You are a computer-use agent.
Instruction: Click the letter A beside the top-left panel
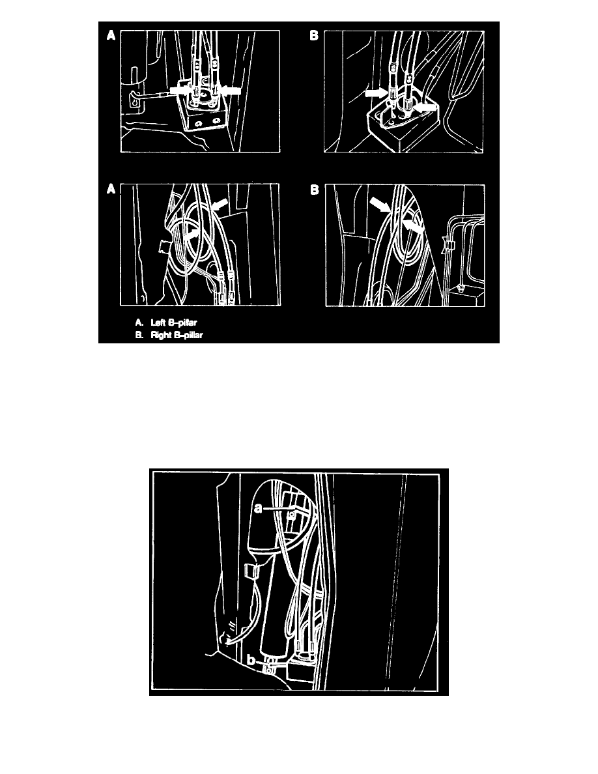point(111,36)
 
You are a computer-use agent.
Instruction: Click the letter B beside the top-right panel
point(314,36)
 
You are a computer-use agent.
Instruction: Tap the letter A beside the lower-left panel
point(111,190)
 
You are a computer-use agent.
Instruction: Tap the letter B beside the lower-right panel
point(315,190)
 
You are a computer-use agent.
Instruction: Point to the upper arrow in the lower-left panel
point(220,203)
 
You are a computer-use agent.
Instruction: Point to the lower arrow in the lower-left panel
point(192,235)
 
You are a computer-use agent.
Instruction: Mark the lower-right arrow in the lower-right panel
point(412,227)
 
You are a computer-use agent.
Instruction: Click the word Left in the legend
point(158,323)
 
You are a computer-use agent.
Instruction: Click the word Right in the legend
point(160,335)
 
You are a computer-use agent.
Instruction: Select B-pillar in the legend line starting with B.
point(188,335)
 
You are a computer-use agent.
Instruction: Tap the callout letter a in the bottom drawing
point(258,508)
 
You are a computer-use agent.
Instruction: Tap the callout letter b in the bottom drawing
point(251,660)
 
